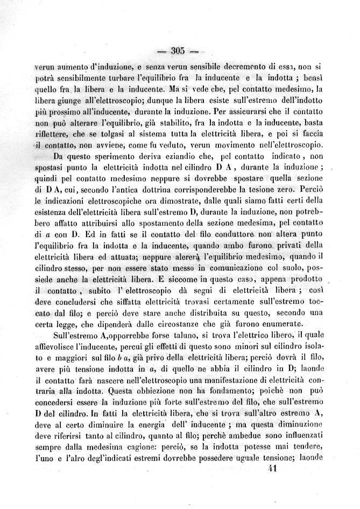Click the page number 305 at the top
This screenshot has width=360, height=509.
point(178,52)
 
